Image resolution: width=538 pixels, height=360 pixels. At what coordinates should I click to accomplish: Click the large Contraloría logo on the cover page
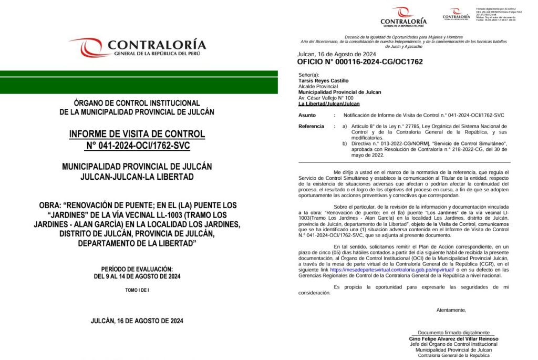(138, 47)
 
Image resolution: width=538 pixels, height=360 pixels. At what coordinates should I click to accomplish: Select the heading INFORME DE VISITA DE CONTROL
(137, 134)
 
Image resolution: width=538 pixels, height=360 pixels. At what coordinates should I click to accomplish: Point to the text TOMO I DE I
(137, 290)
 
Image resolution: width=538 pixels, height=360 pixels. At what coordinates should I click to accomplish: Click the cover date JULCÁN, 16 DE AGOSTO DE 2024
(137, 321)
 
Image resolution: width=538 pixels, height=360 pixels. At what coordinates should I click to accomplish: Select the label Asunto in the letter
(307, 115)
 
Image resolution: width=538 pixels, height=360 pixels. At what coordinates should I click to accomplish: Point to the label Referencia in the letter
(312, 126)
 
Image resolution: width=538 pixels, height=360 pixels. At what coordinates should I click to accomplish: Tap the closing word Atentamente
(451, 310)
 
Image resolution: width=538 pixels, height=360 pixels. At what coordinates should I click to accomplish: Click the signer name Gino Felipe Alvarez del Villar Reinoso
(453, 339)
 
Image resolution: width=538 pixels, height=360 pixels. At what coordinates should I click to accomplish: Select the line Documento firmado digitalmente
(453, 333)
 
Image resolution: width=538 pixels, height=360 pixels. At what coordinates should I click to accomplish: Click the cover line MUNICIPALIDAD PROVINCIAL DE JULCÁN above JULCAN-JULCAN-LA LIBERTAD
(137, 166)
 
